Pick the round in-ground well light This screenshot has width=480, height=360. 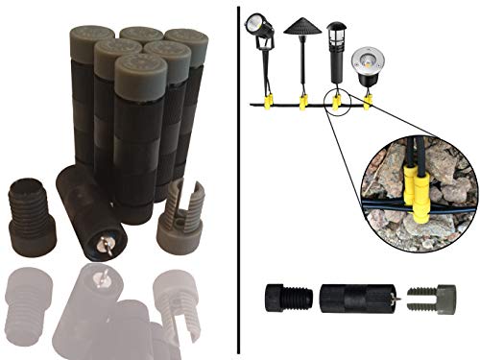(368, 60)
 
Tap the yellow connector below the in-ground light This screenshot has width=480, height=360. (369, 99)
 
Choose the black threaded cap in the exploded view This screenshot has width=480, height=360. (286, 298)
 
